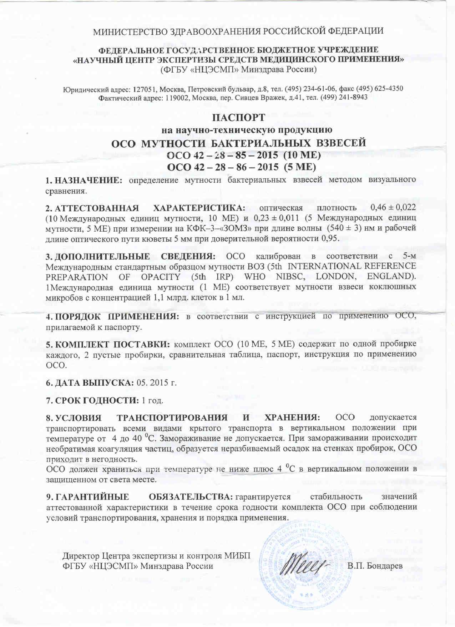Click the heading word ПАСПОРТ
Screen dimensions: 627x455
pos(238,118)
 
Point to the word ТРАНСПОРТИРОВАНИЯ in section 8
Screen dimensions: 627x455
pos(172,418)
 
